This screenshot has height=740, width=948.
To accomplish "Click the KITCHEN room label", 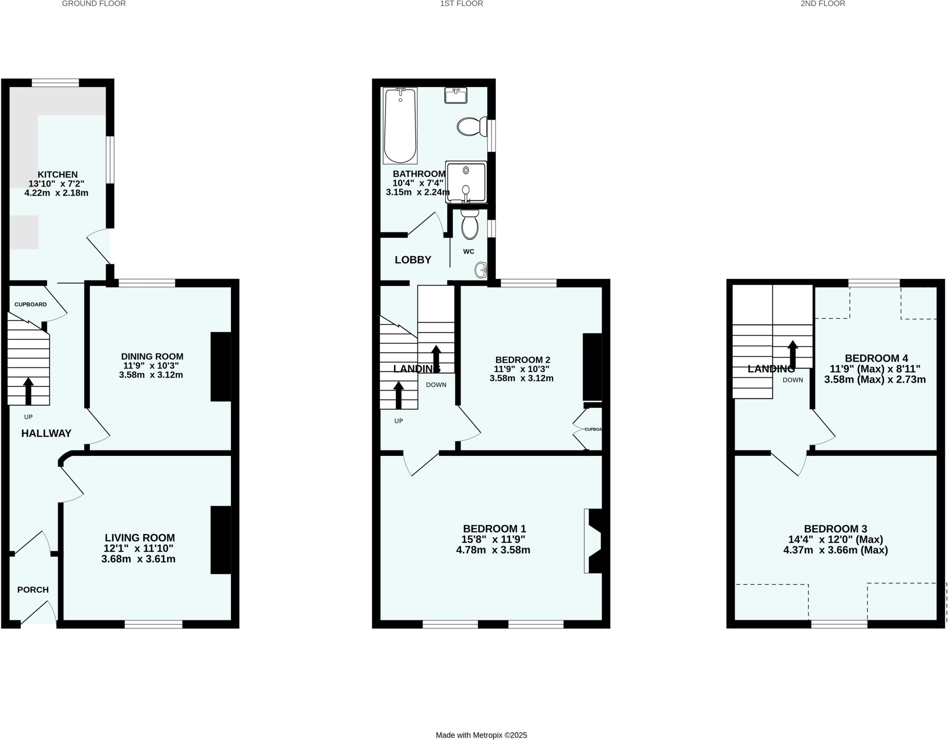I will (x=57, y=174).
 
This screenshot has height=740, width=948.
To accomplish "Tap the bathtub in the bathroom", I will (x=400, y=125).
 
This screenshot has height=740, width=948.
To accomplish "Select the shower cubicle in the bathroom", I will (x=466, y=182).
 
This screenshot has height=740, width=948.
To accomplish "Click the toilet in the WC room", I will (x=470, y=225).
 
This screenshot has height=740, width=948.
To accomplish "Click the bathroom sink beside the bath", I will (x=455, y=95).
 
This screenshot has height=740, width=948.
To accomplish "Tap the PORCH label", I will (x=33, y=590).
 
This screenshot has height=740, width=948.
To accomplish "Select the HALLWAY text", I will (x=46, y=433).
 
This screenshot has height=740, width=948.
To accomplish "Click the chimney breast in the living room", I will (x=221, y=540).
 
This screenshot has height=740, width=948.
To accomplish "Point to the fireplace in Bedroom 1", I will (x=593, y=541).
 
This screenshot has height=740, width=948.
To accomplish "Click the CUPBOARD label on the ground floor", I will (x=31, y=305).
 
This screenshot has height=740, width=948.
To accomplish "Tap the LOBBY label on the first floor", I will (x=413, y=260).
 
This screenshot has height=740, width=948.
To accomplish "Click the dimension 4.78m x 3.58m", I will (x=493, y=550).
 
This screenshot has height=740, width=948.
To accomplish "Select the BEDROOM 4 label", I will (x=876, y=358).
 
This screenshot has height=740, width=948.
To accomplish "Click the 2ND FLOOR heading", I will (x=823, y=4).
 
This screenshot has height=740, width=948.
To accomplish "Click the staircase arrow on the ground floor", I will (x=28, y=392).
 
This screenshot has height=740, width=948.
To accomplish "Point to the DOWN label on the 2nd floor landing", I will (x=793, y=380).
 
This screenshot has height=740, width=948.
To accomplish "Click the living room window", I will (x=153, y=624).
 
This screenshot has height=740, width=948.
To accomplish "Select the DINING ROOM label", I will (x=152, y=356).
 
